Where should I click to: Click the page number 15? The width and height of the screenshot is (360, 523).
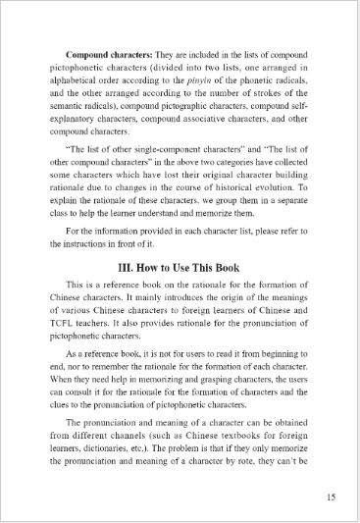pyautogui.click(x=331, y=496)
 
